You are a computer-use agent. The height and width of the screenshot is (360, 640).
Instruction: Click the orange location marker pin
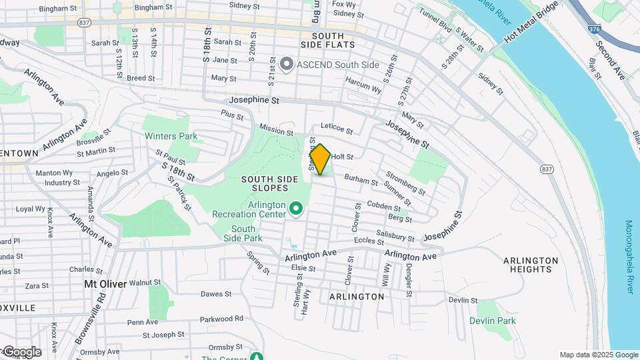click(321, 159)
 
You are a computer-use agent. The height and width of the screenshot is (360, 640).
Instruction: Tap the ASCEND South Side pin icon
click(287, 65)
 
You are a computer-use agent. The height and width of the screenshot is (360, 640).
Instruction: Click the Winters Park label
click(171, 136)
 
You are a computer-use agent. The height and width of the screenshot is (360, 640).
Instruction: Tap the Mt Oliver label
click(105, 283)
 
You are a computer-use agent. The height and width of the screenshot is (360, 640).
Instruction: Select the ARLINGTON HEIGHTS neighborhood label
click(531, 265)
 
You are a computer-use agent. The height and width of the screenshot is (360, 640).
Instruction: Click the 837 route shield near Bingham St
click(84, 22)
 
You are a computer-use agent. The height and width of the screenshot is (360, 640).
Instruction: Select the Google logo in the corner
click(22, 352)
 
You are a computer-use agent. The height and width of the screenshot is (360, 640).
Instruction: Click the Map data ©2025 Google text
click(598, 355)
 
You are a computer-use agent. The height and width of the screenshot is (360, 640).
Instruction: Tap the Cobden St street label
click(383, 205)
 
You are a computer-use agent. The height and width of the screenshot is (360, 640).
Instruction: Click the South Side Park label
click(243, 233)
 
